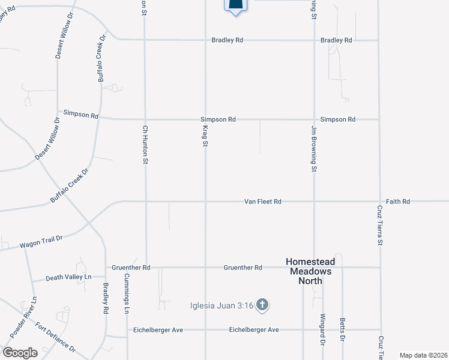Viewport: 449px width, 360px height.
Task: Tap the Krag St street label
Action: click(x=205, y=135)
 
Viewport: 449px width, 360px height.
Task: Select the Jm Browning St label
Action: click(x=313, y=153)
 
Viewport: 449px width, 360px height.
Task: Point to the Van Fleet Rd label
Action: click(x=262, y=202)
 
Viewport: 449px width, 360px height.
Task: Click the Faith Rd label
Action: click(x=397, y=202)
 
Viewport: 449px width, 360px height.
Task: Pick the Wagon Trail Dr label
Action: click(x=41, y=242)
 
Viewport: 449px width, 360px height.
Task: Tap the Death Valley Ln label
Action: click(x=69, y=277)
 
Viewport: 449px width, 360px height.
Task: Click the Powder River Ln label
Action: click(x=23, y=316)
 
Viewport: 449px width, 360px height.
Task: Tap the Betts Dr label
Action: click(x=342, y=330)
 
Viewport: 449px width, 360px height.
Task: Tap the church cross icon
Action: click(x=261, y=306)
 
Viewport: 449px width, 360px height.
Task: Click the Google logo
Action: click(x=19, y=353)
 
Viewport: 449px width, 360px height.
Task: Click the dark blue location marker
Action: click(x=236, y=6)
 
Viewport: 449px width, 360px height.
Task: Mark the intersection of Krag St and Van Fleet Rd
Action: click(x=205, y=202)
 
